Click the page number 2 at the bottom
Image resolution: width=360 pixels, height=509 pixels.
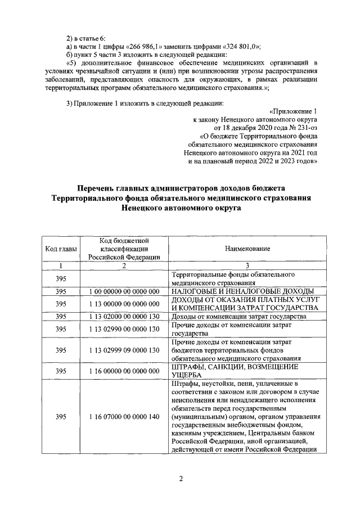[x=181, y=478]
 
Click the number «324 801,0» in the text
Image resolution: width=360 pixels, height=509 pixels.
[x=224, y=46]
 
